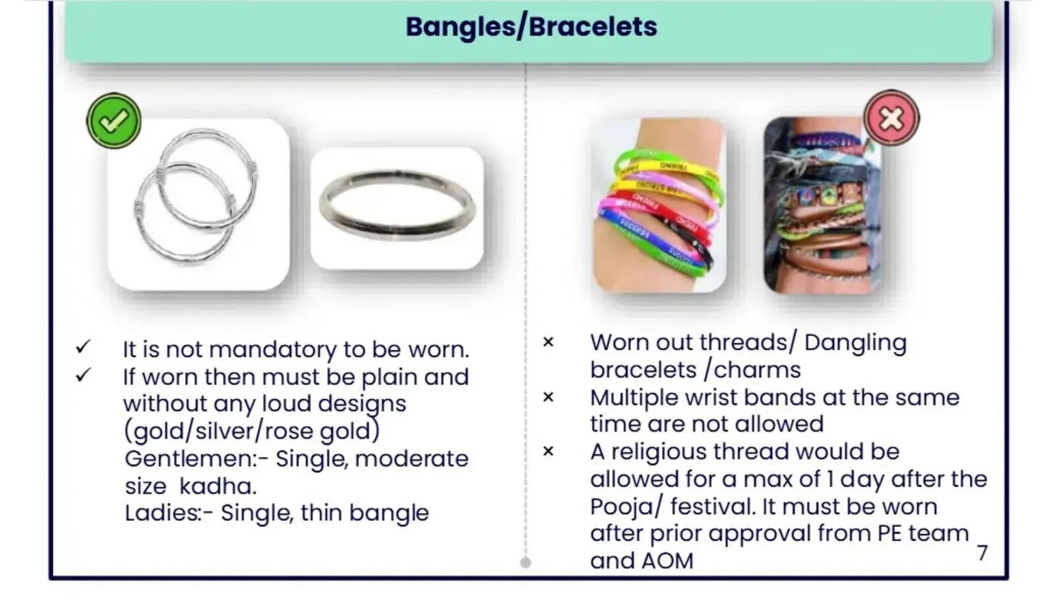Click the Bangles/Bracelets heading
pyautogui.click(x=531, y=27)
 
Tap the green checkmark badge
pyautogui.click(x=113, y=121)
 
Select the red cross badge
pyautogui.click(x=891, y=117)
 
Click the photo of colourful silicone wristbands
pyautogui.click(x=659, y=205)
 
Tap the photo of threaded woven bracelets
pyautogui.click(x=822, y=205)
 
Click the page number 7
pyautogui.click(x=982, y=553)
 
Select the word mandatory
pyautogui.click(x=272, y=350)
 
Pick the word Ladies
pyautogui.click(x=163, y=512)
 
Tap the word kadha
pyautogui.click(x=217, y=486)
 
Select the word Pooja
pyautogui.click(x=621, y=508)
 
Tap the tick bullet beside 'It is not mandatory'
pyautogui.click(x=83, y=347)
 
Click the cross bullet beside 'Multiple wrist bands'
pyautogui.click(x=548, y=397)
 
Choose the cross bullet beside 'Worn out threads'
pyautogui.click(x=548, y=342)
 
